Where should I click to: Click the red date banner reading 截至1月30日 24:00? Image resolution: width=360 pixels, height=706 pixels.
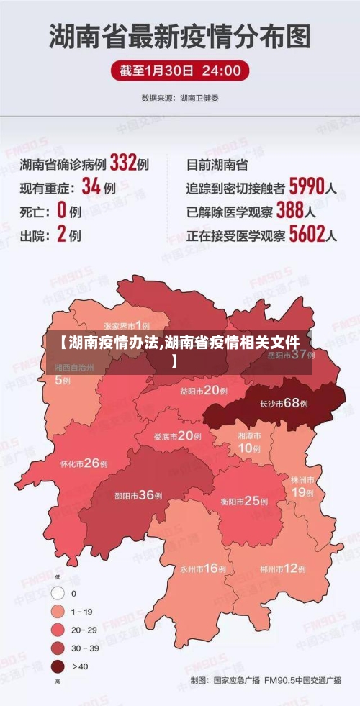tap(180, 71)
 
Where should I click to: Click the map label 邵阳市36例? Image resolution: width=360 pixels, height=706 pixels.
tap(138, 495)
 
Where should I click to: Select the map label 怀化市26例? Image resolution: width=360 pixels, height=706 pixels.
tap(84, 463)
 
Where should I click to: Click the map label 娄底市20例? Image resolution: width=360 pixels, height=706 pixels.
tap(178, 435)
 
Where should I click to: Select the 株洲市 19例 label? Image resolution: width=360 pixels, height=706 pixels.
tap(302, 486)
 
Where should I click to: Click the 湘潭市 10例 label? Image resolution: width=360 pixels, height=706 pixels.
tap(249, 443)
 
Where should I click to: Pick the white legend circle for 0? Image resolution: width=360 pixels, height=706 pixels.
tap(57, 594)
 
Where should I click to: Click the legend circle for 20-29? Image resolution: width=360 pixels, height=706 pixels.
tap(57, 630)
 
